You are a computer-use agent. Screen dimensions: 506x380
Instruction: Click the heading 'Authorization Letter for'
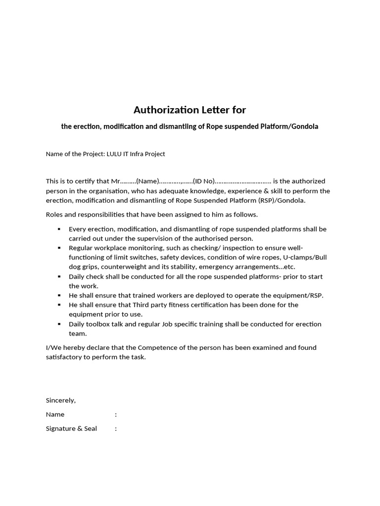click(x=190, y=109)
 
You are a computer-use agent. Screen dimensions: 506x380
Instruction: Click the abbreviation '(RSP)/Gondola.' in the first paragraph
click(x=282, y=200)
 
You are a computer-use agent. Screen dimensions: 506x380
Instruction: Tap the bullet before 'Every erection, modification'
click(x=59, y=229)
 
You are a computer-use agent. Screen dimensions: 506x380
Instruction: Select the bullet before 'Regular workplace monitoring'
click(x=59, y=248)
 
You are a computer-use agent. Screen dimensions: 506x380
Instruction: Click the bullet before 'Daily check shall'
click(x=59, y=277)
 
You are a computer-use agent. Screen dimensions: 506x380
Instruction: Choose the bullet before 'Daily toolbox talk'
click(x=59, y=324)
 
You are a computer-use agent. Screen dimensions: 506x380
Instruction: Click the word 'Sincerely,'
click(x=61, y=400)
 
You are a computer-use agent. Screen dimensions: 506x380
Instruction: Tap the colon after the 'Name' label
click(x=116, y=415)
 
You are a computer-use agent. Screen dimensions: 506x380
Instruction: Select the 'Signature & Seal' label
click(x=71, y=428)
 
